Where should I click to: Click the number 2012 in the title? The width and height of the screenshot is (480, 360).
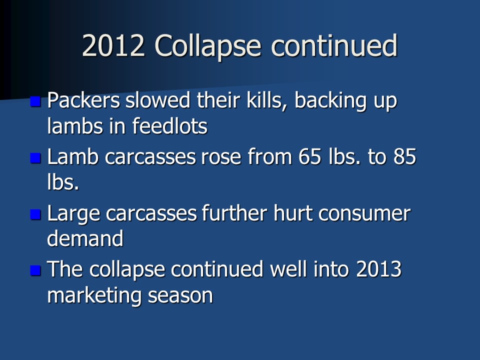(113, 45)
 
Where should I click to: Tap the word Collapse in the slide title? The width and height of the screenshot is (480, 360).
(208, 47)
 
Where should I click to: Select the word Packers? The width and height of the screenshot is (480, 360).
(83, 100)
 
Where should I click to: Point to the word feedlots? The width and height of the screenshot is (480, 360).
(170, 125)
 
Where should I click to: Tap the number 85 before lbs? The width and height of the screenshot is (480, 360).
(404, 156)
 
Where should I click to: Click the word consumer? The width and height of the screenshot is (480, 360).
(364, 214)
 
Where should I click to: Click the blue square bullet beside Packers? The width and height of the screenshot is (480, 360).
(35, 101)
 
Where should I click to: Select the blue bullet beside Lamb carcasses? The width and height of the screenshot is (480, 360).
(35, 158)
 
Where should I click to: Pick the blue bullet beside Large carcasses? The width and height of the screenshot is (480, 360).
(35, 214)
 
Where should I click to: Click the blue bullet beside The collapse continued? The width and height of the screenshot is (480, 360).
(35, 270)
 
